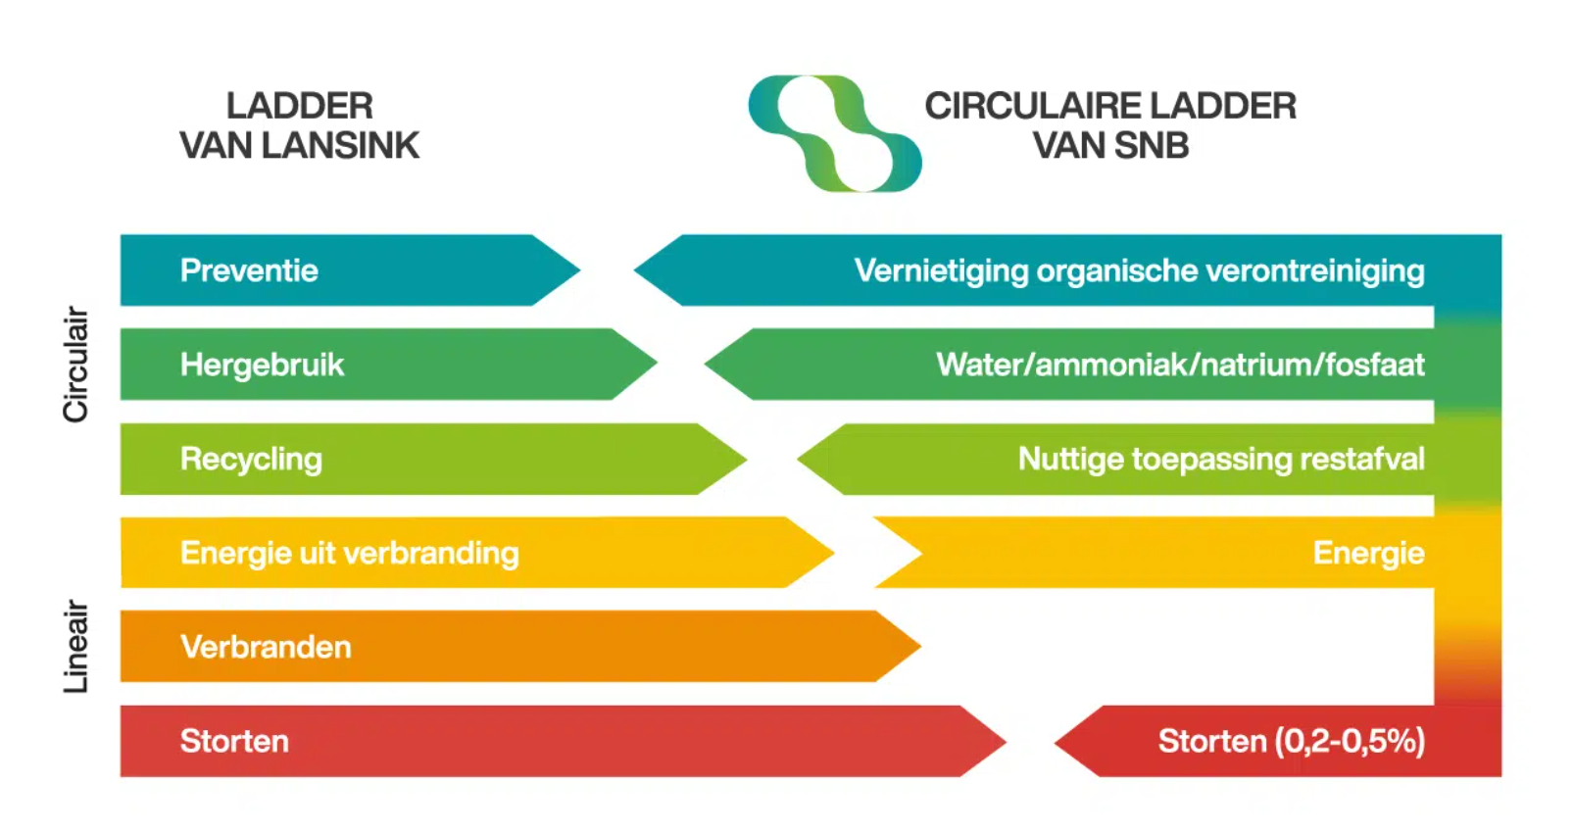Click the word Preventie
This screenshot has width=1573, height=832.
coord(249,270)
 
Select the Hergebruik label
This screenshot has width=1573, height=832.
coord(262,365)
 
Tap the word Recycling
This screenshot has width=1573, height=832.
coord(251,459)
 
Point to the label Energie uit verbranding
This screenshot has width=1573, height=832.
coord(349,553)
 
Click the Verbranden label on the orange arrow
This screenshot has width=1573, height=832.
coord(266,647)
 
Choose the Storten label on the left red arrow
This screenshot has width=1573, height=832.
coord(234,741)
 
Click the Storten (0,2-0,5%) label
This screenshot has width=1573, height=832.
coord(1291,741)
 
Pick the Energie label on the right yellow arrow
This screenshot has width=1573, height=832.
coord(1368,553)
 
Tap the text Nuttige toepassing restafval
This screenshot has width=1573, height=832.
coord(1220,459)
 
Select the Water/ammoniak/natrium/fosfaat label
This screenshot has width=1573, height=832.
coord(1180,365)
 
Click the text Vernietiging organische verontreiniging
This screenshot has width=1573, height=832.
coord(1139,270)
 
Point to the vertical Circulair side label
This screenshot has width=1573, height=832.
coord(75,365)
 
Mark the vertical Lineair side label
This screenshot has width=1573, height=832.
coord(75,647)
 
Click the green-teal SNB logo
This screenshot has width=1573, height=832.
coord(834,133)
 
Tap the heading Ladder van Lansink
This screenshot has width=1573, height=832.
coord(299,125)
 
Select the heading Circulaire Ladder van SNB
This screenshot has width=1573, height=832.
coord(1110,125)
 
